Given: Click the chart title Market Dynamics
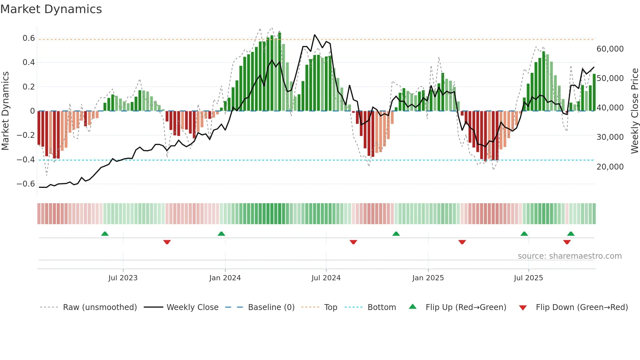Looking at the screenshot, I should pyautogui.click(x=51, y=9).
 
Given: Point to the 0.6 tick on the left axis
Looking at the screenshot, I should pyautogui.click(x=29, y=38).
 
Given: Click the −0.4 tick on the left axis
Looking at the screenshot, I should pyautogui.click(x=26, y=160).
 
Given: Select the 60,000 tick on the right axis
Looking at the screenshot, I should pyautogui.click(x=610, y=49).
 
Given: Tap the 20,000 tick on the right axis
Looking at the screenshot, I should pyautogui.click(x=610, y=167).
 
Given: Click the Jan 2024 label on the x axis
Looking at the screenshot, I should pyautogui.click(x=225, y=278).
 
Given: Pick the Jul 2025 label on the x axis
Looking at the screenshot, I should pyautogui.click(x=528, y=278).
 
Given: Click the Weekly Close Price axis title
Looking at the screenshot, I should pyautogui.click(x=634, y=111).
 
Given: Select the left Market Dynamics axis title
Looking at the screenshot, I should pyautogui.click(x=5, y=111).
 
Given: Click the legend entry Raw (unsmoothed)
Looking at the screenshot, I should pyautogui.click(x=100, y=307).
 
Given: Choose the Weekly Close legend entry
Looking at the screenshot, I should pyautogui.click(x=192, y=307).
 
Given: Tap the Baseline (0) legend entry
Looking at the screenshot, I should pyautogui.click(x=271, y=307).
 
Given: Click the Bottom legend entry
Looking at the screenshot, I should pyautogui.click(x=381, y=307).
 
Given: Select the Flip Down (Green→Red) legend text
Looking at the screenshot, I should pyautogui.click(x=582, y=307).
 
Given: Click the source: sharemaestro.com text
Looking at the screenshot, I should pyautogui.click(x=569, y=256).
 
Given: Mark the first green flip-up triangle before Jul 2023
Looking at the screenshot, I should pyautogui.click(x=105, y=234).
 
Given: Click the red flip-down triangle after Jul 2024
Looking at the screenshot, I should pyautogui.click(x=353, y=242).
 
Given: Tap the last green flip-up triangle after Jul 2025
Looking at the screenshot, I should pyautogui.click(x=571, y=234).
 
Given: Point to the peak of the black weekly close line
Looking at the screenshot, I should pyautogui.click(x=315, y=35).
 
